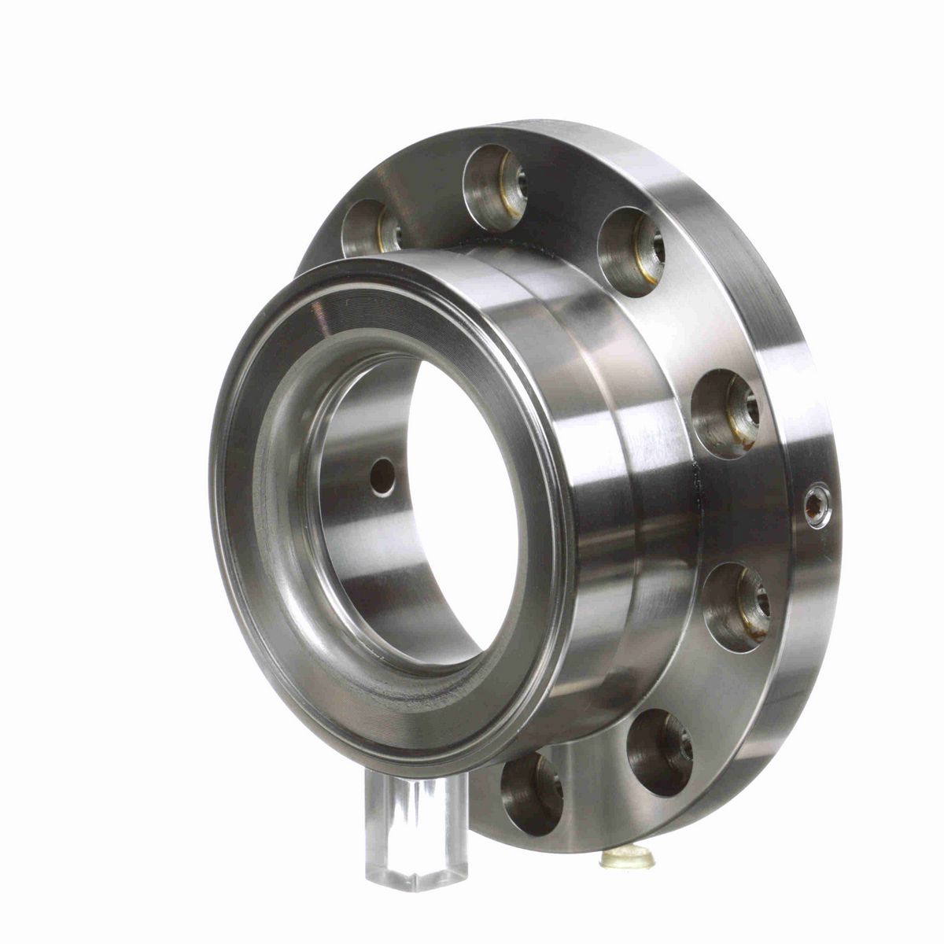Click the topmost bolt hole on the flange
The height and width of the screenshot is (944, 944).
point(495,187)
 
